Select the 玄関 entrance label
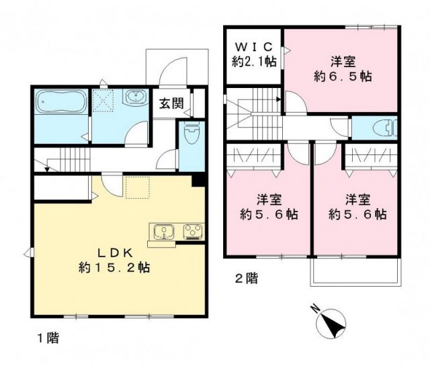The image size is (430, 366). click(171, 103)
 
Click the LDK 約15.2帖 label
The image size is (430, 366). click(114, 259)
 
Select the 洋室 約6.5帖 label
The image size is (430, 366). click(342, 68)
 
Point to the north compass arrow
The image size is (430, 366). click(330, 324)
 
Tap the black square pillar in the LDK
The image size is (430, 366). click(197, 180)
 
